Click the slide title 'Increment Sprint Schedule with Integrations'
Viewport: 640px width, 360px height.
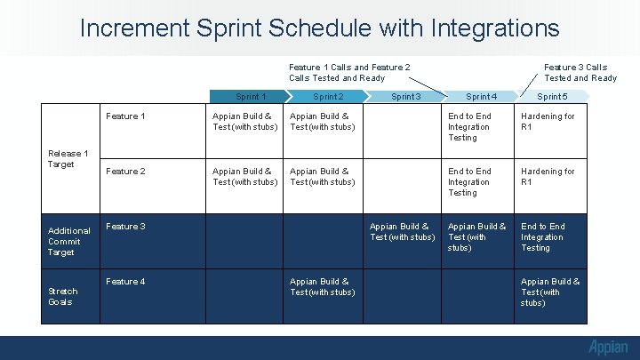(319, 28)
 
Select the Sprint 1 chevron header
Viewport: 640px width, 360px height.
(250, 96)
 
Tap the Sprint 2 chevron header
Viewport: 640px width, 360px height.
(327, 96)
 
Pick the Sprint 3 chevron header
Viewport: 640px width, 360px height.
(405, 96)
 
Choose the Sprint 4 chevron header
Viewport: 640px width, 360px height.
(481, 96)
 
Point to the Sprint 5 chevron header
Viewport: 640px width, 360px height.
(552, 96)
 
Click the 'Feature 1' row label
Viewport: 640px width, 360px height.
(125, 116)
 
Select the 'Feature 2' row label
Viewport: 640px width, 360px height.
(125, 172)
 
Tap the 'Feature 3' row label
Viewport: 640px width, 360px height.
(125, 227)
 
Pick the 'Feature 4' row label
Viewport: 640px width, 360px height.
(125, 282)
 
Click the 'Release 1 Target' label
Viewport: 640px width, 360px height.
(68, 159)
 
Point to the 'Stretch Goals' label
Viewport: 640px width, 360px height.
(63, 297)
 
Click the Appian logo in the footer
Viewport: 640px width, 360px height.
(607, 348)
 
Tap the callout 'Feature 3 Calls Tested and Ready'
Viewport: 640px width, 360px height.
(580, 72)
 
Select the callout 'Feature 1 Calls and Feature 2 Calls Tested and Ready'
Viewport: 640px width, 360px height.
(349, 72)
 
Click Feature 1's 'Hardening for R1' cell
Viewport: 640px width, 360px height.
(548, 122)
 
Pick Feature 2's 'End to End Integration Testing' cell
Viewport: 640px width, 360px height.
(469, 181)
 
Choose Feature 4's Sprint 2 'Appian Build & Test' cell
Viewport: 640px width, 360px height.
(322, 287)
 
